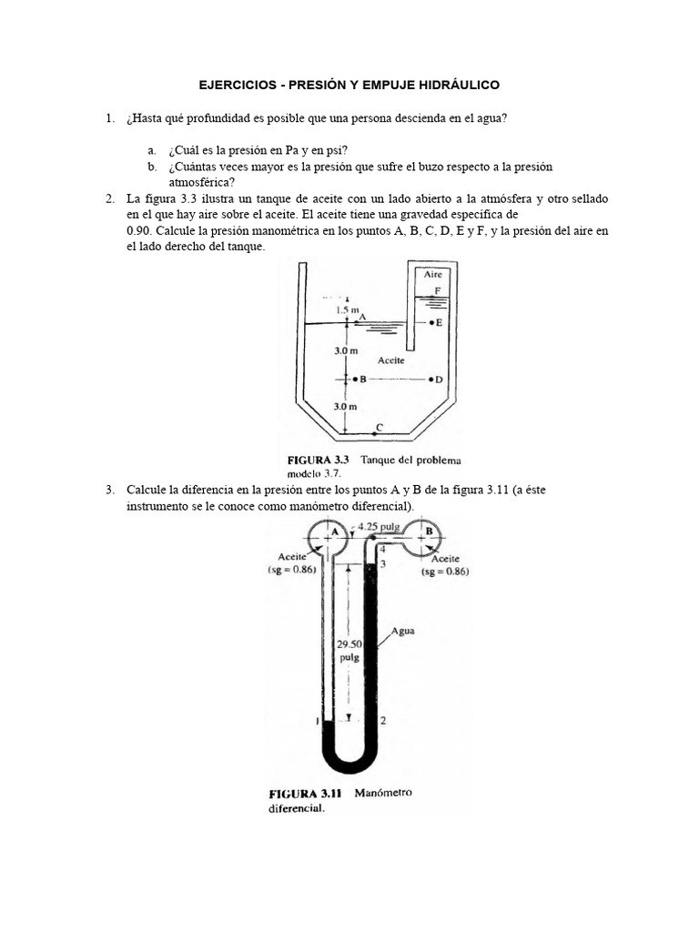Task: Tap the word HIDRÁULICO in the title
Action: click(x=458, y=85)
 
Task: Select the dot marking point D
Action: click(x=429, y=379)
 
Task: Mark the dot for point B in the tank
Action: click(x=354, y=379)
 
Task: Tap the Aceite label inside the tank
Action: click(x=391, y=360)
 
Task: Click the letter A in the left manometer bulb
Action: click(x=334, y=530)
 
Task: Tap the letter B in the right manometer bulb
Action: click(x=429, y=530)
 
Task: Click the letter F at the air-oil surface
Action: click(x=438, y=290)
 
